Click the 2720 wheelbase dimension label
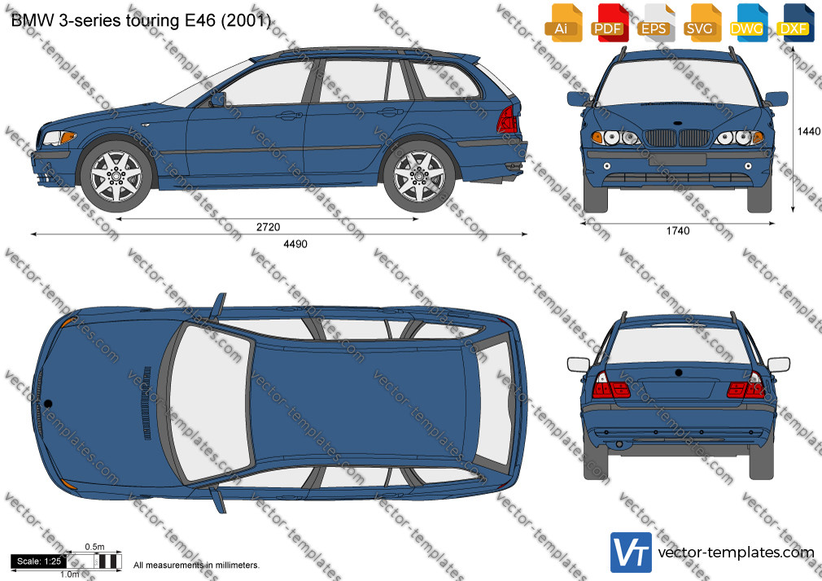tap(268, 227)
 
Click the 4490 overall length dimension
tap(295, 244)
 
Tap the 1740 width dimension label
tap(678, 231)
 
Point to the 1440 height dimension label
tap(809, 131)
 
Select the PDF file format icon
tap(608, 23)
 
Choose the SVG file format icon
tap(700, 23)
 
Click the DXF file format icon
tap(794, 23)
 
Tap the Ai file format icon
tap(562, 23)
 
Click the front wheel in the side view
tap(116, 176)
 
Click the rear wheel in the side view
tap(419, 176)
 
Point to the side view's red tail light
tap(507, 120)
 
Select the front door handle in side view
tap(289, 114)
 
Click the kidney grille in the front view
tap(677, 138)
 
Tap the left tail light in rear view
tap(610, 386)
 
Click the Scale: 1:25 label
tap(38, 561)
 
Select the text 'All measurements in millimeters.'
tap(196, 566)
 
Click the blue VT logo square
tap(631, 553)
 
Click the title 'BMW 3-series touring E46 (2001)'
tap(141, 20)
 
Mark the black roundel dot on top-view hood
tap(48, 404)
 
